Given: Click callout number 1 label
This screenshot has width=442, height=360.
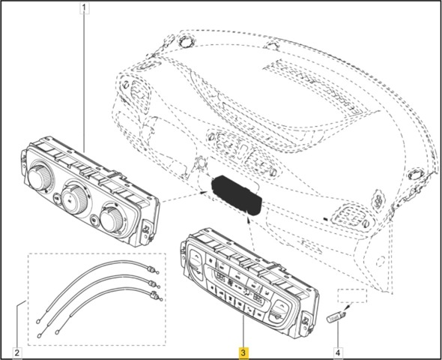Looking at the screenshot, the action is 85,8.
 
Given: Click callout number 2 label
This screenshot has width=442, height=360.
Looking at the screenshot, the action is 17,352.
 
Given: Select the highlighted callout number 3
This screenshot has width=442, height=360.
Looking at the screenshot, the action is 243,352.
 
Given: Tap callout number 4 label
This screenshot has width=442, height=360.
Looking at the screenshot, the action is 338,352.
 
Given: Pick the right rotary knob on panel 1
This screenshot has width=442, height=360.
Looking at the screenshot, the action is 111,219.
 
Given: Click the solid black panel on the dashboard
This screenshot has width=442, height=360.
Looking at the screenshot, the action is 236,195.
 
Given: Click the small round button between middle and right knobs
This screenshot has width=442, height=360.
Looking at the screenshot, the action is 94,220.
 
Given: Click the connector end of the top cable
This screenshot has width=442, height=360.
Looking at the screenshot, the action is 153,270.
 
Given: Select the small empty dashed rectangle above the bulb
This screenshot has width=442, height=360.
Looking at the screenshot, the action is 353,295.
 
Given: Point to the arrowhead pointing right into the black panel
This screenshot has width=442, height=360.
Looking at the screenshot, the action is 203,193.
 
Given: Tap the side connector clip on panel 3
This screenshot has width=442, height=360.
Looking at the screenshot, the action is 306,321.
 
